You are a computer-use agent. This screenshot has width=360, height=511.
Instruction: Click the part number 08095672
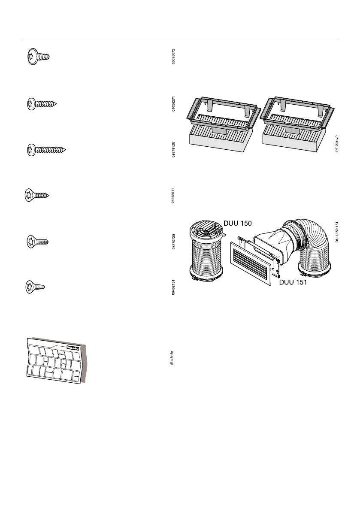click(173, 57)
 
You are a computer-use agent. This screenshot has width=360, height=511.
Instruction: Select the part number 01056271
click(173, 104)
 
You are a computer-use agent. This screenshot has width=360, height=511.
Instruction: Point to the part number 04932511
click(173, 196)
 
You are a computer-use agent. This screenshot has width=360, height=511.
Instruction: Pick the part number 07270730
click(173, 242)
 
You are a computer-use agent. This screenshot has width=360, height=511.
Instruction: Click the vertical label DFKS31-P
click(337, 141)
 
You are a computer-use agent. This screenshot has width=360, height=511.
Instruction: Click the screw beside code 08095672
click(37, 56)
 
